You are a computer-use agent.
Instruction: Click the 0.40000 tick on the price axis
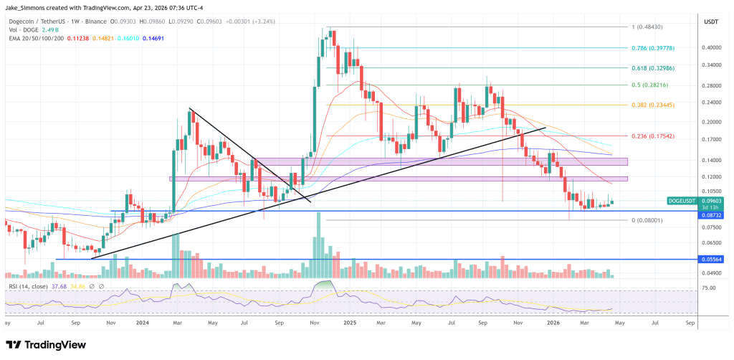pos(712,48)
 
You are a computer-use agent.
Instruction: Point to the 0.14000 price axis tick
pos(712,159)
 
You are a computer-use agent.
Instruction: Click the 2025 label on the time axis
pos(350,323)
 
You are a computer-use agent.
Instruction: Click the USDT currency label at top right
pos(712,22)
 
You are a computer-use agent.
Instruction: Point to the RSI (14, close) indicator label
pos(29,287)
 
